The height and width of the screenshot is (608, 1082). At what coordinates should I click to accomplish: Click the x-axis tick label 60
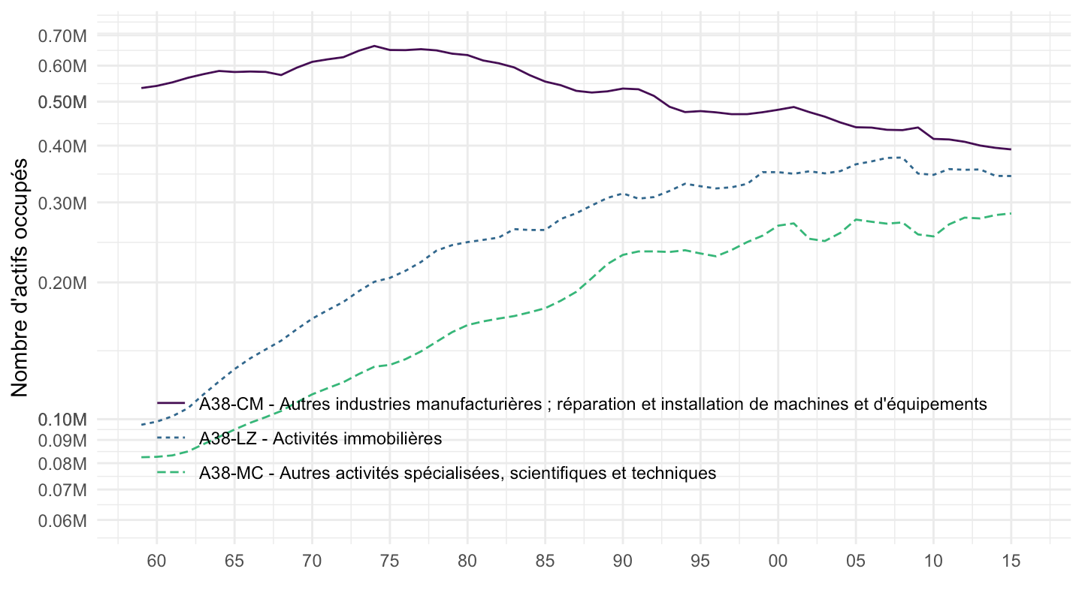[x=157, y=559]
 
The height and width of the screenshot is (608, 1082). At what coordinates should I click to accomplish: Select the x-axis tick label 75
[x=389, y=559]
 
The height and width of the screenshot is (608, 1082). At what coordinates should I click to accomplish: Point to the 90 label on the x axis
[x=622, y=559]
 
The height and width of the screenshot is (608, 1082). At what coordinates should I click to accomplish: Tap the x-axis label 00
[x=778, y=559]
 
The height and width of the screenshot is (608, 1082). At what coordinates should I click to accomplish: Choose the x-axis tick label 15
[x=1011, y=559]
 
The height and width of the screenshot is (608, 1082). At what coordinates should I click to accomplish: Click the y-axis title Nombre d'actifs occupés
[x=20, y=278]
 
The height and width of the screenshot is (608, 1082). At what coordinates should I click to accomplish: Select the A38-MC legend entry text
[x=458, y=473]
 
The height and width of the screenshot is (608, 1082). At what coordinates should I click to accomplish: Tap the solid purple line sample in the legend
[x=171, y=404]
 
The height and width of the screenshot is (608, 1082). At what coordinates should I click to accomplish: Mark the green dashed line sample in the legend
[x=171, y=473]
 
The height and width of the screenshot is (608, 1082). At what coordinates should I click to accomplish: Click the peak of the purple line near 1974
[x=374, y=46]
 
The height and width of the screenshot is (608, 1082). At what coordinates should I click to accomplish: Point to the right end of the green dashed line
[x=1011, y=214]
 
